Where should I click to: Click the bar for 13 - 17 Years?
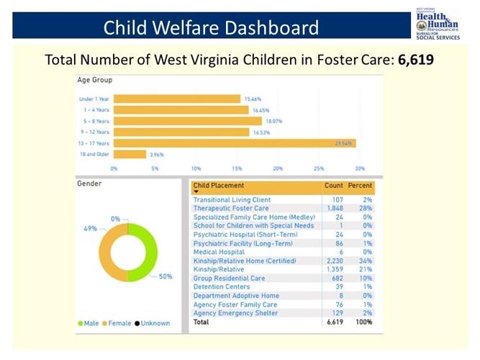(234, 143)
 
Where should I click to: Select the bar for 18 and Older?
(130, 154)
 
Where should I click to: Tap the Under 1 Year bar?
(176, 99)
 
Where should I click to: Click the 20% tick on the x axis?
(278, 168)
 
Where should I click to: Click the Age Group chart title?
(94, 80)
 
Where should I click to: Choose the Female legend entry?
(119, 323)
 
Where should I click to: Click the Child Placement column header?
(218, 186)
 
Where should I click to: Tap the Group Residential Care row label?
(229, 278)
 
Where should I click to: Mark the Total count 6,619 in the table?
(334, 323)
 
